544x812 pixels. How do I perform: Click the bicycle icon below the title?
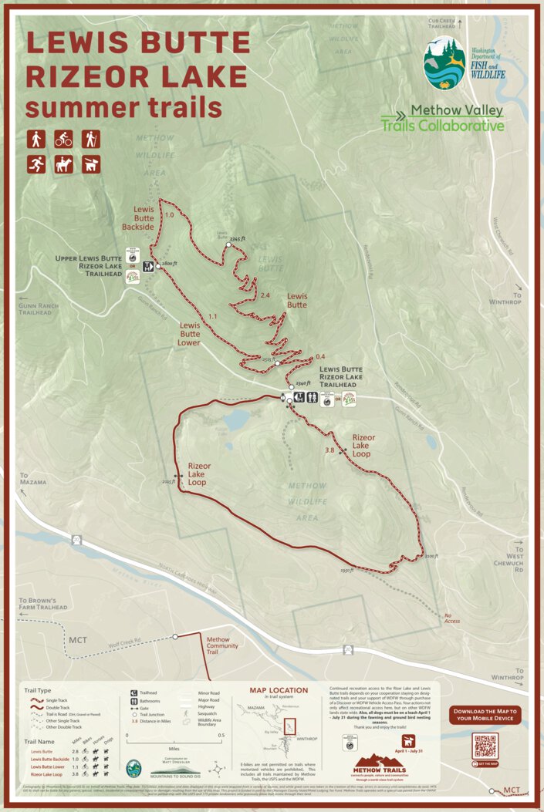pos(63,140)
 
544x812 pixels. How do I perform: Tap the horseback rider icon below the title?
pos(63,164)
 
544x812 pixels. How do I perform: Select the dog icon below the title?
pos(91,164)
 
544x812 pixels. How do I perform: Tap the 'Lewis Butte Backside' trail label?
pos(139,217)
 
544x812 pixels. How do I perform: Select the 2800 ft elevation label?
pos(171,264)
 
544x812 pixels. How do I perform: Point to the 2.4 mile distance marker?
pos(265,296)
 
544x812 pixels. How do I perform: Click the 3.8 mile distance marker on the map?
pos(329,450)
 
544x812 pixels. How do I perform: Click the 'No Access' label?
pos(452,618)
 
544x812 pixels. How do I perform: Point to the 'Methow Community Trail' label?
pos(218,645)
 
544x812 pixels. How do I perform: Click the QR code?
pos(485,746)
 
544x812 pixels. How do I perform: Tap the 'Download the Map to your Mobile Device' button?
pos(485,715)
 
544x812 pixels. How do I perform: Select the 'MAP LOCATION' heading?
pos(279,690)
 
